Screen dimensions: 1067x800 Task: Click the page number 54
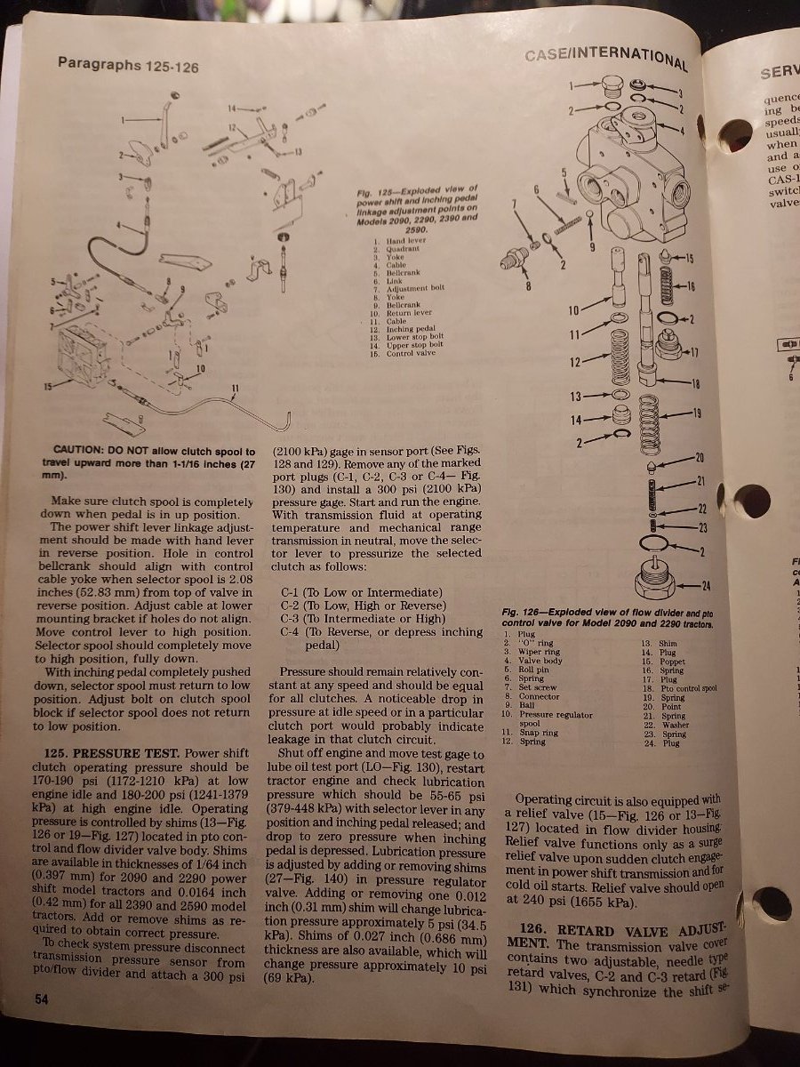pos(42,999)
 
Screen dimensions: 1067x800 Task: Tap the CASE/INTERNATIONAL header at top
pos(604,58)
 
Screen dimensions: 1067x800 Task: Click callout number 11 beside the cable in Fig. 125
pos(236,387)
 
